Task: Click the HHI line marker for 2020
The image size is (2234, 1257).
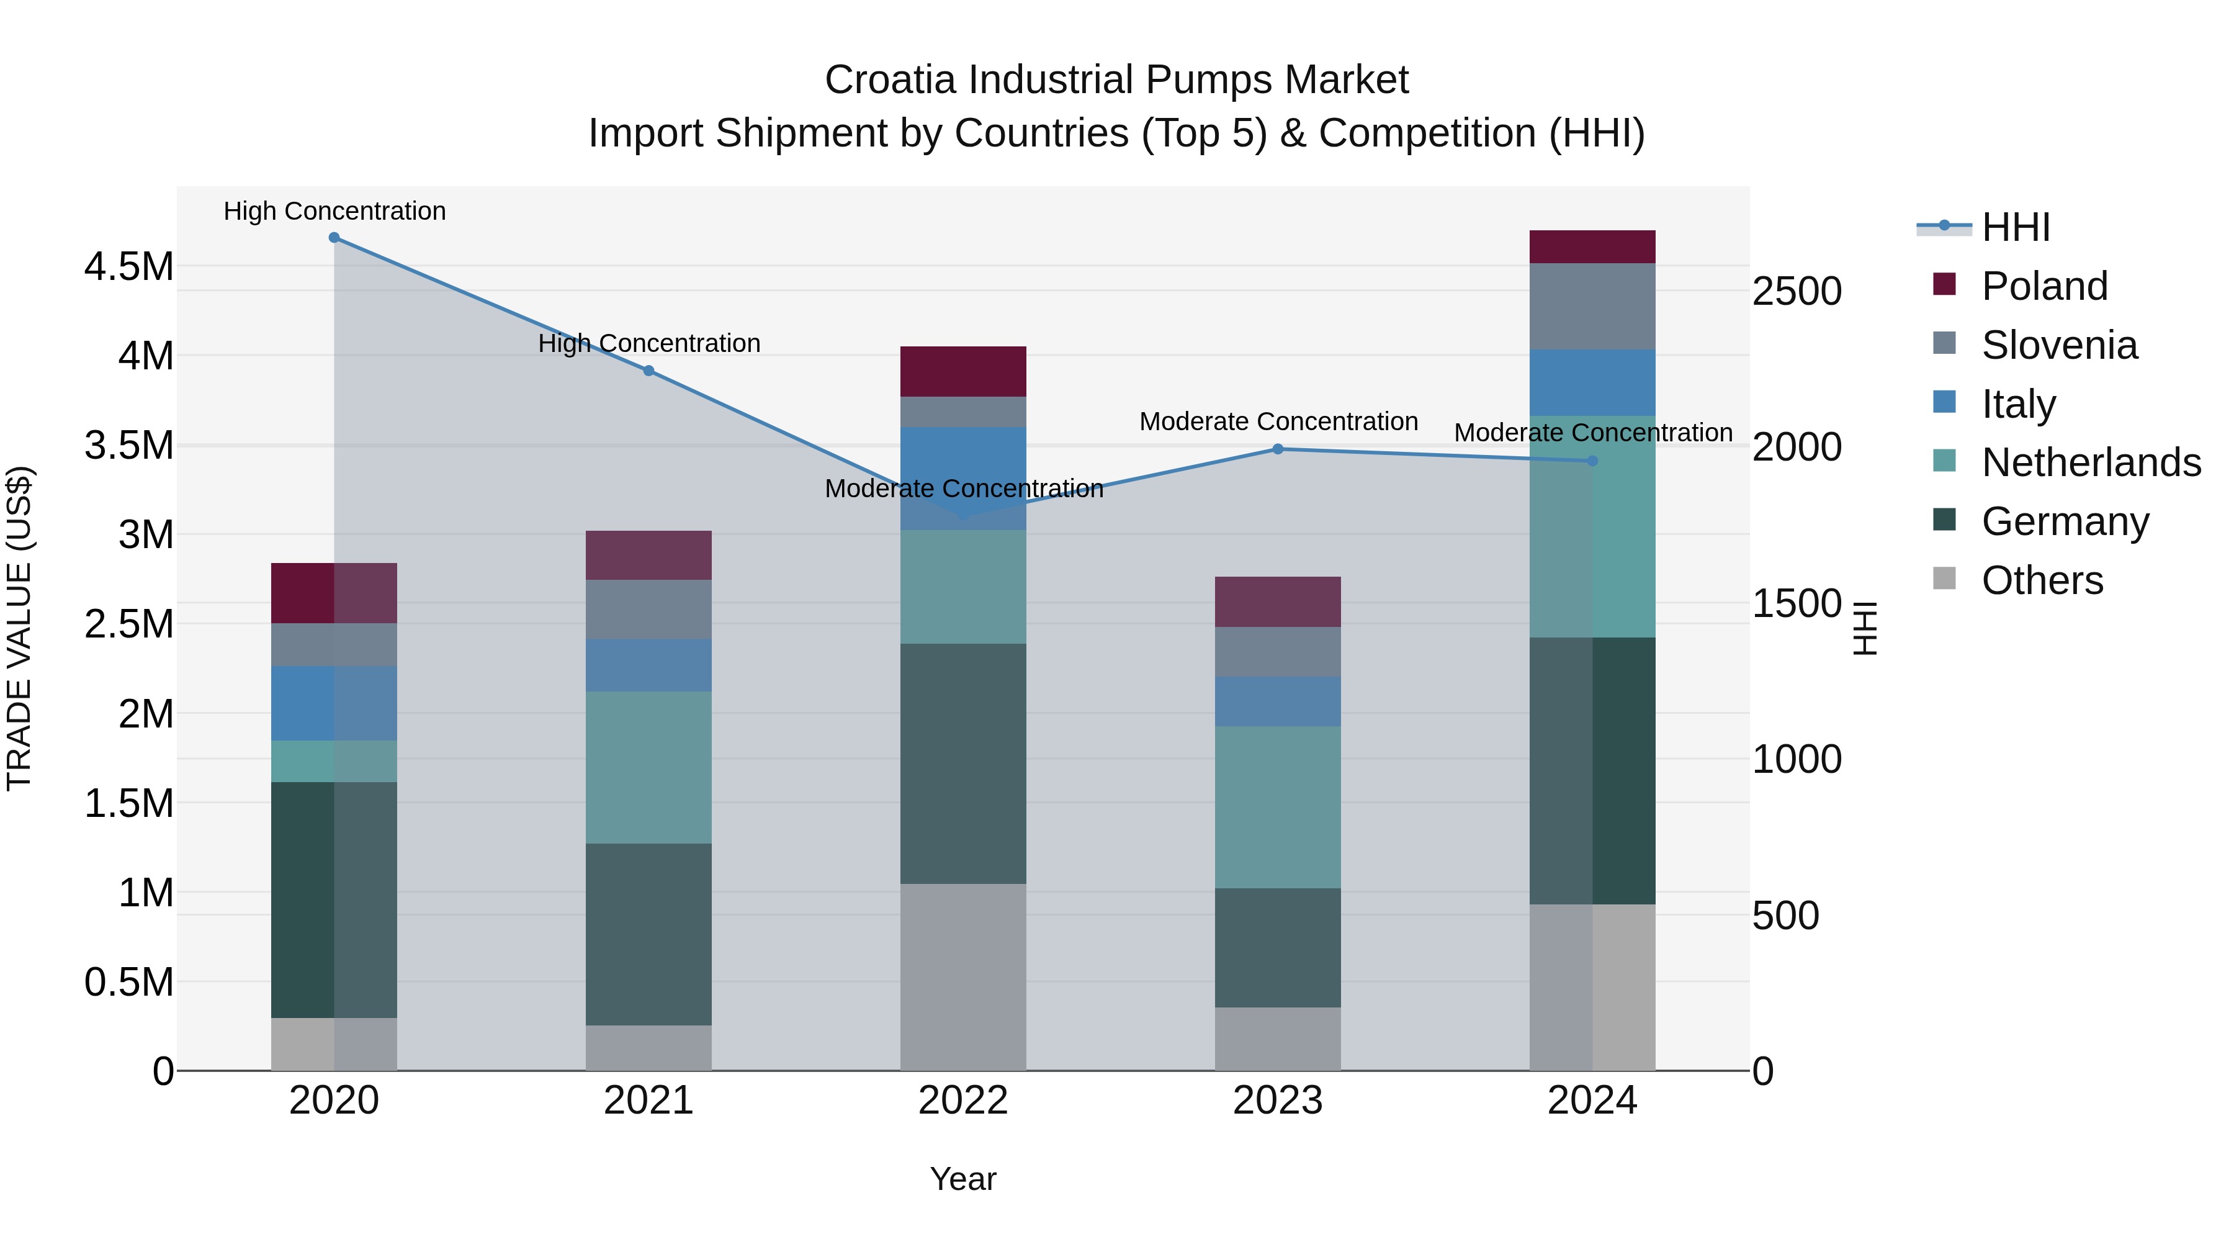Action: click(334, 238)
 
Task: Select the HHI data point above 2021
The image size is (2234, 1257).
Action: click(648, 371)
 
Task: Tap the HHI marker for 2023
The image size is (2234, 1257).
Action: click(1278, 449)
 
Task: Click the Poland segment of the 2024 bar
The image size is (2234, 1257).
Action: click(1592, 247)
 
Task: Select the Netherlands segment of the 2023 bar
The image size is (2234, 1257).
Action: click(1278, 807)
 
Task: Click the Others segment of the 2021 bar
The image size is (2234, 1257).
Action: click(648, 1048)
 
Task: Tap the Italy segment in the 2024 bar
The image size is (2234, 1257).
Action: click(1592, 382)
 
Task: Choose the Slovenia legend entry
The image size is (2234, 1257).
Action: click(2059, 345)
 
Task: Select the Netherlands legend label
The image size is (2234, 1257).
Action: click(2091, 462)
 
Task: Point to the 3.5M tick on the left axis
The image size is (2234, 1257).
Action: click(129, 445)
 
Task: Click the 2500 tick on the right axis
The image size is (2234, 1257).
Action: click(1796, 292)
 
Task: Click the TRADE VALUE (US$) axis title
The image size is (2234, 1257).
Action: click(20, 628)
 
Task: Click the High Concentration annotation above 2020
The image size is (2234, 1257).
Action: click(334, 211)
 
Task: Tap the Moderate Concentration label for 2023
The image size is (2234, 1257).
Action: click(1278, 421)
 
